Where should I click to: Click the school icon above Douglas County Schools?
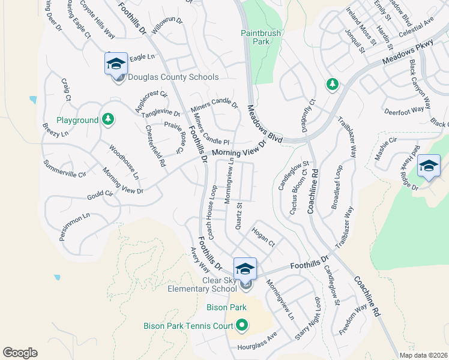point(116,64)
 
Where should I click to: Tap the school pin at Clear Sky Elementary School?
point(245,269)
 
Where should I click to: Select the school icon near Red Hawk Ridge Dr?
point(429,166)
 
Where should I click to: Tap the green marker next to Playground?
point(107,120)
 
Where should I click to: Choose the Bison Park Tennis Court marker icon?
point(242,326)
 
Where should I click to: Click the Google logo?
point(20,353)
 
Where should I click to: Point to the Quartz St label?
point(238,216)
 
